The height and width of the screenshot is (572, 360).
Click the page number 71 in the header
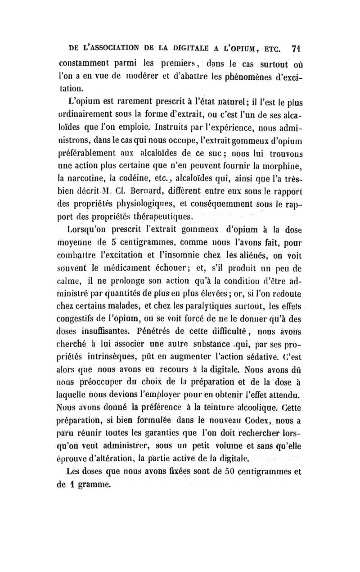point(296,49)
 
